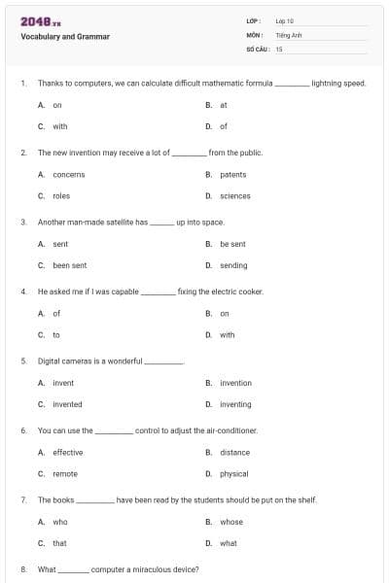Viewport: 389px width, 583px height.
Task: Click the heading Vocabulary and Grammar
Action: (65, 37)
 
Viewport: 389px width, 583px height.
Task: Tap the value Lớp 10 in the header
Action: (285, 20)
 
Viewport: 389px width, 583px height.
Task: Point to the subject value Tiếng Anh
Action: (290, 34)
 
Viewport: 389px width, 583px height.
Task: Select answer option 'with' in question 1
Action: (60, 126)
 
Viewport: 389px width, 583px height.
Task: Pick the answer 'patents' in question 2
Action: (233, 175)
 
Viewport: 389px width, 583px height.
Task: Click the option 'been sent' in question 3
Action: (70, 265)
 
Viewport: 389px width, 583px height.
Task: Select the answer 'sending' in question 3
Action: (233, 265)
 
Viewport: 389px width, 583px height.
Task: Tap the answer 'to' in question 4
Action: (56, 335)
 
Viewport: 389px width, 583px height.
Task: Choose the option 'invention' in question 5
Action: (235, 383)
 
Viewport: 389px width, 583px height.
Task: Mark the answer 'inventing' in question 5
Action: (235, 404)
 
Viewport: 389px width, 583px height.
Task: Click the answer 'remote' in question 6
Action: (65, 474)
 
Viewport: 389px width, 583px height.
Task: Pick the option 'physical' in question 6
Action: (234, 474)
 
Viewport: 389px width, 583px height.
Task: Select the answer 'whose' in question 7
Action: (231, 522)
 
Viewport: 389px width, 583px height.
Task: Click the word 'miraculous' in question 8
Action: (146, 569)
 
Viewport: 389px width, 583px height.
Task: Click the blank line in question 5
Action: (164, 362)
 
